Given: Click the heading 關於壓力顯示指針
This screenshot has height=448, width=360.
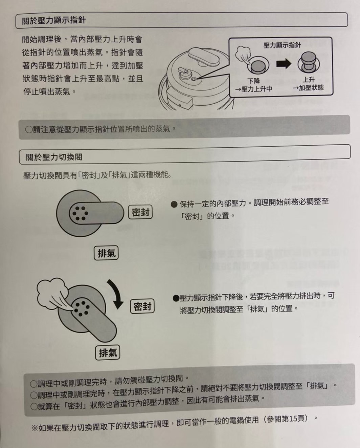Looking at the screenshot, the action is [54, 20].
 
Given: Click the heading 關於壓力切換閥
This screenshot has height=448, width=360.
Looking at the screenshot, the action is [54, 157].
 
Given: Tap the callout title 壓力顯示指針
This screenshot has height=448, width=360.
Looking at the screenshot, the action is [282, 45].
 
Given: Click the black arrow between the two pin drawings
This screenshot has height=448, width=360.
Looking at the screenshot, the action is [284, 64].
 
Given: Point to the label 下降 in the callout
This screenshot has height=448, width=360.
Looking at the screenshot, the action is [253, 81].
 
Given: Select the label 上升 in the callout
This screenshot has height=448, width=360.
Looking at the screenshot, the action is [309, 80].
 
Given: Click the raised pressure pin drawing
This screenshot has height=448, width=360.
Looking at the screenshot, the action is [309, 62].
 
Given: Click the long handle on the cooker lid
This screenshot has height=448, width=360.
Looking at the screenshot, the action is [204, 56].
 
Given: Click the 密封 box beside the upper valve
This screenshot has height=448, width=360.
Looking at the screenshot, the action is [140, 212].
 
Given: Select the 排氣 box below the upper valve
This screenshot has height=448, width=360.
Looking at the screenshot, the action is [106, 253].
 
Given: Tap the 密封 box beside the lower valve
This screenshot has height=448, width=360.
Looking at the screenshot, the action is [142, 306].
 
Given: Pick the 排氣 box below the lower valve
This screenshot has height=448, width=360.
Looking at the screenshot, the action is [108, 353].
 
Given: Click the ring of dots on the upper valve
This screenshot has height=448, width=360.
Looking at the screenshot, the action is [80, 213].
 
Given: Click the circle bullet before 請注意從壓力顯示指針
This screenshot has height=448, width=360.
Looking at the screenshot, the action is [29, 130].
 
